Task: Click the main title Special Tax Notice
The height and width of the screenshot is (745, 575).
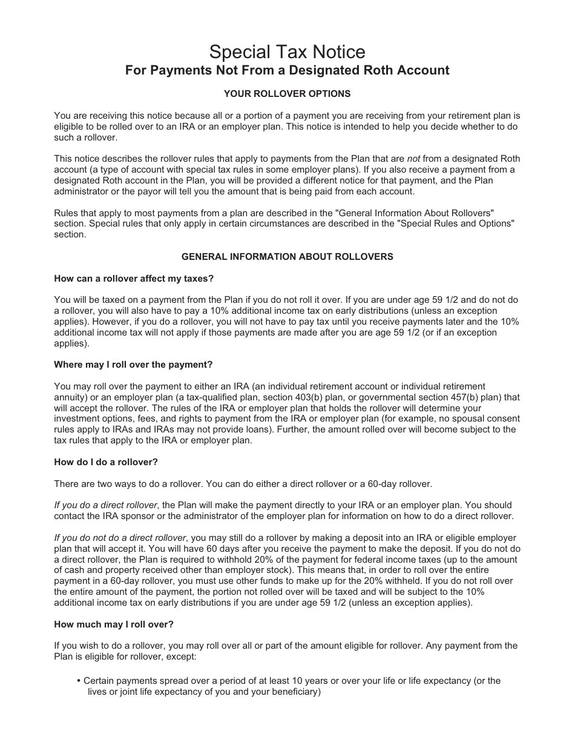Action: (287, 51)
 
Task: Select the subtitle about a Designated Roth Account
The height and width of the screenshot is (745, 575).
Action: (287, 70)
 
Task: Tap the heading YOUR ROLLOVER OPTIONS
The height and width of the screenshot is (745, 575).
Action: (287, 94)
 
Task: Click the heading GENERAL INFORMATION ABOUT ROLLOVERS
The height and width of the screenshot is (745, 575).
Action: (287, 257)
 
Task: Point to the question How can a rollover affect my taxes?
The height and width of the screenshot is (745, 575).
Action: (134, 279)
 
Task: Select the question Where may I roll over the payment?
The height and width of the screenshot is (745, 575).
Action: (133, 365)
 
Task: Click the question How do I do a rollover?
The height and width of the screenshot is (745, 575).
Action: (106, 462)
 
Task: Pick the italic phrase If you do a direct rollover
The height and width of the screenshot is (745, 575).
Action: (106, 505)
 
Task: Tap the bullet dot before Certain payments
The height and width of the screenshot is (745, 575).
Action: (79, 681)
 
